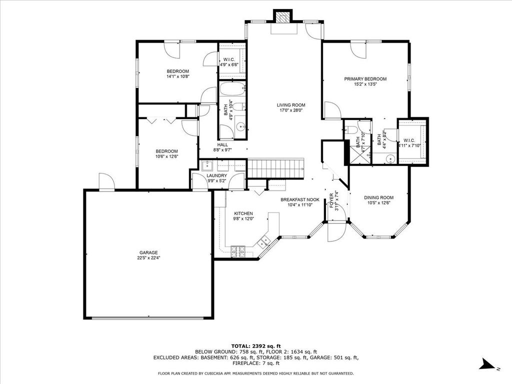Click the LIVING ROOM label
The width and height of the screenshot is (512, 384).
(x=291, y=105)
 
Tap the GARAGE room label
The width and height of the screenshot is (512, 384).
(x=148, y=252)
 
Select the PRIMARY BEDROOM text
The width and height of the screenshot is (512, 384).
(x=365, y=79)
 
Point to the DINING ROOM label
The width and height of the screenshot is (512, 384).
(x=379, y=197)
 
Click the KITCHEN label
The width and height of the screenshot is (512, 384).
(x=243, y=213)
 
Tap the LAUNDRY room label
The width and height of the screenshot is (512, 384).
(x=217, y=175)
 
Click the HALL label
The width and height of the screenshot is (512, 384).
(x=222, y=145)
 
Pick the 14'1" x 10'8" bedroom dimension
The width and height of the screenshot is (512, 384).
(x=178, y=76)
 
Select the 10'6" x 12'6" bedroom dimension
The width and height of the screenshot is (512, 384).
(x=166, y=156)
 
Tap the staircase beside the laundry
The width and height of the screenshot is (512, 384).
(x=276, y=168)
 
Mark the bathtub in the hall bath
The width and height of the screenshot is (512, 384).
(x=232, y=88)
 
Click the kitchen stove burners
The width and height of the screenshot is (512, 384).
(x=237, y=251)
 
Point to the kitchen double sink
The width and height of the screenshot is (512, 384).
(x=264, y=241)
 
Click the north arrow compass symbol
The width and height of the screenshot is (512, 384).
(x=487, y=364)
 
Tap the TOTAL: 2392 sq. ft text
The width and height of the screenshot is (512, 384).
(x=256, y=346)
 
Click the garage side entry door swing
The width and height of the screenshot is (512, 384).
(x=106, y=181)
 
